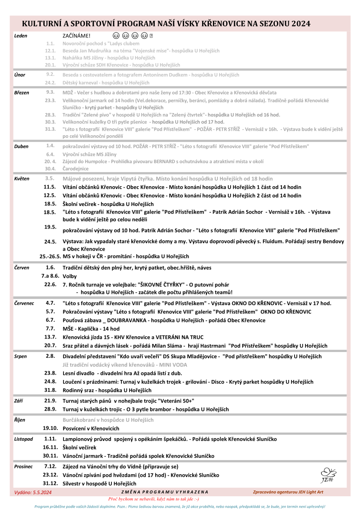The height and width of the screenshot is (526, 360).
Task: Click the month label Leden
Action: click(21, 36)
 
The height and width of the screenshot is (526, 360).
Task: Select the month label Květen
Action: click(22, 178)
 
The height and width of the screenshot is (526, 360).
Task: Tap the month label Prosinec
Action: click(23, 467)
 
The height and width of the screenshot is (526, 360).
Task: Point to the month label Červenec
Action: click(24, 303)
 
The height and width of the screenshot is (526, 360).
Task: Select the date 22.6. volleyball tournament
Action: click(50, 284)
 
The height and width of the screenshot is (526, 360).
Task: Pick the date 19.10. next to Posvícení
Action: click(50, 428)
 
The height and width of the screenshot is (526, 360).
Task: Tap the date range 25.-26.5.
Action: click(50, 256)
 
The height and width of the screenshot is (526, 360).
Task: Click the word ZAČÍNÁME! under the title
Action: click(76, 36)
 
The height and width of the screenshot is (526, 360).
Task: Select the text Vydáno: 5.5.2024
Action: click(33, 492)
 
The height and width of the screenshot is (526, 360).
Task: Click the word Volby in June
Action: click(70, 276)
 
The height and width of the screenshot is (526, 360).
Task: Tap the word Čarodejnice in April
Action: click(76, 169)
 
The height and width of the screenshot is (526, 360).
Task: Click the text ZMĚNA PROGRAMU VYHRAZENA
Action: click(165, 492)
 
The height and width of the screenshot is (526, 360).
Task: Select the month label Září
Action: click(19, 400)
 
